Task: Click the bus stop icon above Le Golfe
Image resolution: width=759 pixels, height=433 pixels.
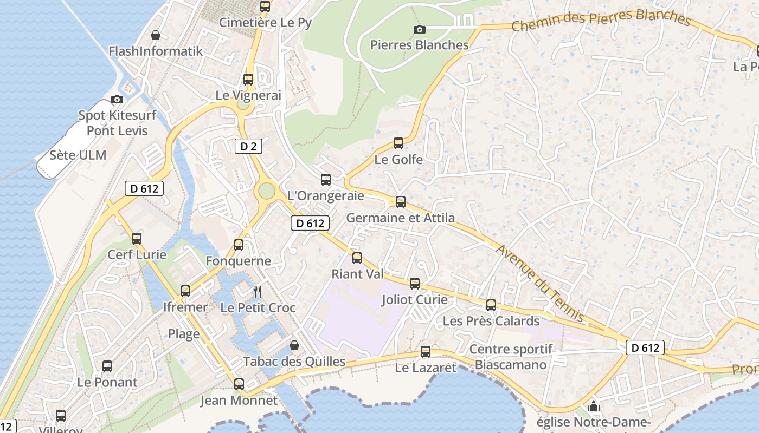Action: point(398,143)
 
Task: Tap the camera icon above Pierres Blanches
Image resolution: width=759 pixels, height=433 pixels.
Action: point(419,29)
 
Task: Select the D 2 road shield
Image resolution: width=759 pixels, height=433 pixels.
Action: point(248,146)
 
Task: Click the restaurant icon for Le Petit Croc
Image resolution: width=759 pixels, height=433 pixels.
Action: point(258,292)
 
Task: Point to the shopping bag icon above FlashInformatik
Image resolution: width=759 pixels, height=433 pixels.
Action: point(156,35)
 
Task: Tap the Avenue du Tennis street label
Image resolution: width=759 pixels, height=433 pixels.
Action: point(540,283)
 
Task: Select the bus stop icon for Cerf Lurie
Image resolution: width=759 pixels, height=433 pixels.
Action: point(137,239)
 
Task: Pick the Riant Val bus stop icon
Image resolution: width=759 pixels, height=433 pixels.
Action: point(357,258)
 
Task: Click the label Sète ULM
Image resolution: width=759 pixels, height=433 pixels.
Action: point(78,155)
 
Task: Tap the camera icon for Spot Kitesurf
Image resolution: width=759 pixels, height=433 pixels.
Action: point(117,99)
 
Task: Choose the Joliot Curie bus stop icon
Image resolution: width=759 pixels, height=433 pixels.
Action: point(415,284)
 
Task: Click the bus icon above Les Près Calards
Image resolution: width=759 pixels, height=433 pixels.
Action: point(491,305)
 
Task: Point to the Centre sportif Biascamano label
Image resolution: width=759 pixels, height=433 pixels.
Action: point(511,357)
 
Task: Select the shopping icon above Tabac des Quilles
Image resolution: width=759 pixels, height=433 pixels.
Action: point(294,345)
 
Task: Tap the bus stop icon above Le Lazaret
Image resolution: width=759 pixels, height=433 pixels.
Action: point(426,352)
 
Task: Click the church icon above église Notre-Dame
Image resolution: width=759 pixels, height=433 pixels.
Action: point(594,406)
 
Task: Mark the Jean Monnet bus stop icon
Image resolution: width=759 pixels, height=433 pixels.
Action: point(239,384)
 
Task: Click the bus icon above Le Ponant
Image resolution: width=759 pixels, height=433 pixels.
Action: point(107,366)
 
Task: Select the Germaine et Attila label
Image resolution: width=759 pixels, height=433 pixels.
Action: point(400,218)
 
